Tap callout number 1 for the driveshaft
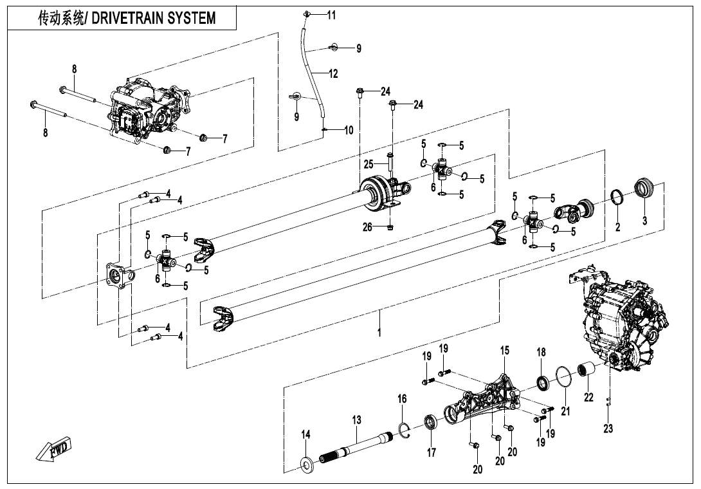point(379,333)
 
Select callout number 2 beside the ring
point(617,226)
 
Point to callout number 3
point(645,220)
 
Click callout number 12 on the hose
point(333,74)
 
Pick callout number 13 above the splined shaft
point(357,420)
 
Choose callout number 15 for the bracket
point(505,350)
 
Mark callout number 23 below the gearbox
point(608,429)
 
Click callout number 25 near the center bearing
point(369,164)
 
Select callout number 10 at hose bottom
point(349,130)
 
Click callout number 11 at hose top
point(331,15)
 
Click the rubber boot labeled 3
point(644,189)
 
